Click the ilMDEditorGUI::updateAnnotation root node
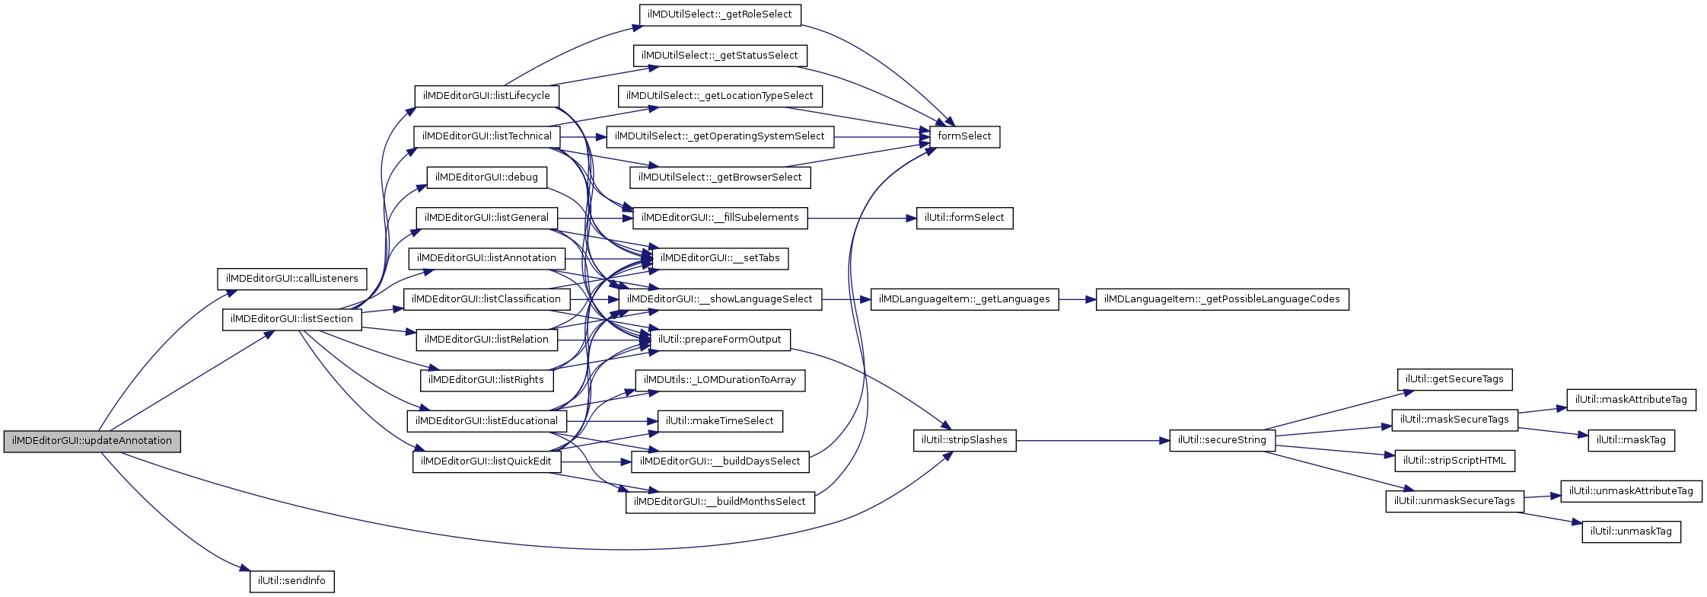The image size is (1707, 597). pos(92,441)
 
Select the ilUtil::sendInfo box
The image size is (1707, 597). pos(291,581)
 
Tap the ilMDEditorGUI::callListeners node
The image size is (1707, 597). pos(292,279)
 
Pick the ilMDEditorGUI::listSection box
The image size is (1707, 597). pos(291,319)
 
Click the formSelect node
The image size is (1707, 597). pos(964,136)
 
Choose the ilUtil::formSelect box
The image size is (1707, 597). pos(964,218)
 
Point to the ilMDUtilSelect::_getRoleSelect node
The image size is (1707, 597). pos(719,14)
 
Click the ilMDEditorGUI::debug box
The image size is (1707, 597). pos(486,177)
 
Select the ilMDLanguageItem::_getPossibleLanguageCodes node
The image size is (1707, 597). pos(1221,299)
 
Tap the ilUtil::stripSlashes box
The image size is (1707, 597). pos(964,440)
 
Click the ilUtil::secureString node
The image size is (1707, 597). pos(1221,440)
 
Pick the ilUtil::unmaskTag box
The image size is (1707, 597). pos(1631,532)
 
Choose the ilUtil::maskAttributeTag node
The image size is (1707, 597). pos(1631,400)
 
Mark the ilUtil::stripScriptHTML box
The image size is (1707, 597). pos(1454,461)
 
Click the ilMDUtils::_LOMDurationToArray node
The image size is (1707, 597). pos(719,380)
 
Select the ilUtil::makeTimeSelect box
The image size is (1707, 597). pos(719,421)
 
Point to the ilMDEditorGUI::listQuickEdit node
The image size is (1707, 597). pos(486,461)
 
